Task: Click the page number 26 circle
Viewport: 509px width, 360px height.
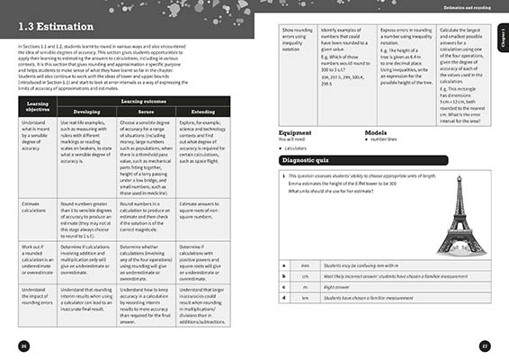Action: (24, 347)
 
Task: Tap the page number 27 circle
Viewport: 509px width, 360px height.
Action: (484, 347)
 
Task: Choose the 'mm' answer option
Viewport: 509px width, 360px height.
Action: (305, 266)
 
